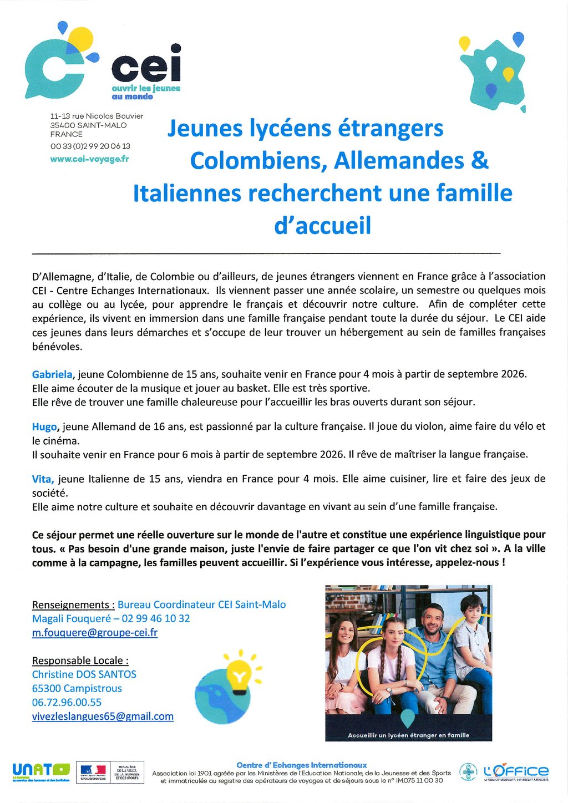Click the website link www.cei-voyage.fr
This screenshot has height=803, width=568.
[x=89, y=159]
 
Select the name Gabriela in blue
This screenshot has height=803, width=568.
[x=52, y=374]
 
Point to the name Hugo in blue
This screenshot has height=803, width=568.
[x=44, y=427]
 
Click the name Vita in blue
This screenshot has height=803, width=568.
[x=42, y=479]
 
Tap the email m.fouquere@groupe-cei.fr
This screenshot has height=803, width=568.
[x=95, y=633]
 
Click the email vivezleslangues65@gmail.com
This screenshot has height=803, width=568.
[x=103, y=716]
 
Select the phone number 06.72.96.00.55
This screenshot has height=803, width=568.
[x=67, y=703]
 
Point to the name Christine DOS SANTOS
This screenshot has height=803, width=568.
[x=84, y=675]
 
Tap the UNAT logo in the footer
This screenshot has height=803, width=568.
[x=40, y=770]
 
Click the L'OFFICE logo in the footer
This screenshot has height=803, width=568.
[x=515, y=771]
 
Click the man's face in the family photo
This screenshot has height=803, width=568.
[x=433, y=621]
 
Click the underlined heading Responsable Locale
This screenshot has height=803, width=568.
[x=80, y=661]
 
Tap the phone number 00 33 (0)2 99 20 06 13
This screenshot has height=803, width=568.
[x=90, y=146]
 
